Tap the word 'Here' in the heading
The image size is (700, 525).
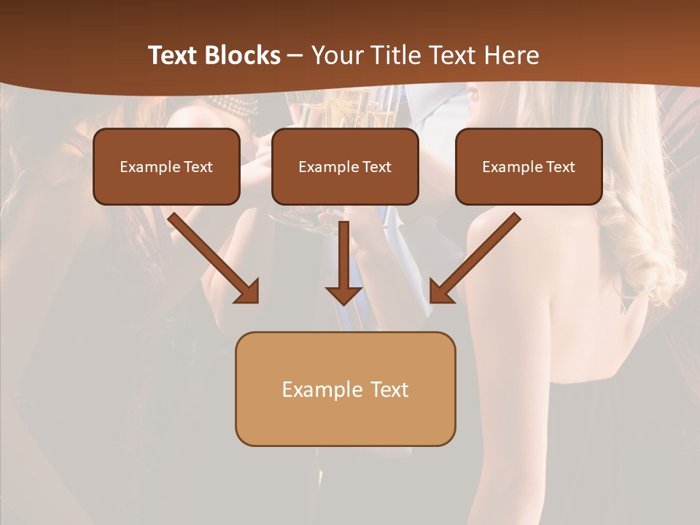(x=513, y=55)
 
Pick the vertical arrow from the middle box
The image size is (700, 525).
(x=344, y=255)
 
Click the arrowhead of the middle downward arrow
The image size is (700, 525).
(x=344, y=295)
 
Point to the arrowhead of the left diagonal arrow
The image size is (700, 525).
(x=248, y=292)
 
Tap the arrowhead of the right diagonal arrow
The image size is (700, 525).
(x=440, y=292)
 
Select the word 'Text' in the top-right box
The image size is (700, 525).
(x=560, y=167)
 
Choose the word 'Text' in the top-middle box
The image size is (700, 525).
(x=376, y=167)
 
